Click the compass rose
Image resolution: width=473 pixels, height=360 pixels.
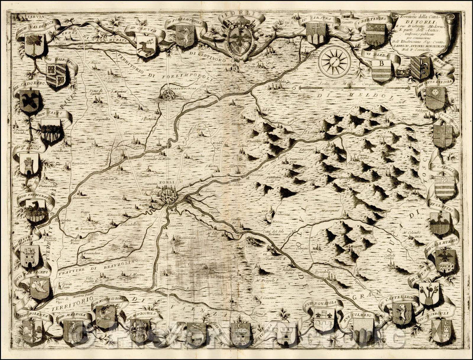coord(334,60)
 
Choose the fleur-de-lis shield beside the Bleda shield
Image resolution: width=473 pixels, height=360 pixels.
coord(420,68)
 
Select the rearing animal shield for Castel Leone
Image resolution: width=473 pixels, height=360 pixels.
coord(402,312)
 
